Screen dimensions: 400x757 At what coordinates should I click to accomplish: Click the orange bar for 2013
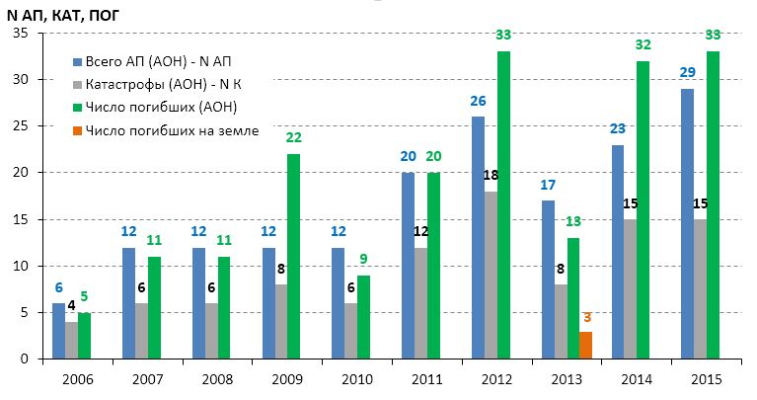point(584,346)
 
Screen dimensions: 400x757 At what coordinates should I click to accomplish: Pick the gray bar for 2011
point(420,303)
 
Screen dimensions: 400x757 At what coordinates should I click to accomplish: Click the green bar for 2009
point(293,257)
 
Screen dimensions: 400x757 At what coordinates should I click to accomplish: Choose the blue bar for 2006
point(58,332)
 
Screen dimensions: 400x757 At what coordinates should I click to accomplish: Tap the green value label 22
point(293,138)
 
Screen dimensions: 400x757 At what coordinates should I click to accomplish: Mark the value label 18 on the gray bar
point(492,175)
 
